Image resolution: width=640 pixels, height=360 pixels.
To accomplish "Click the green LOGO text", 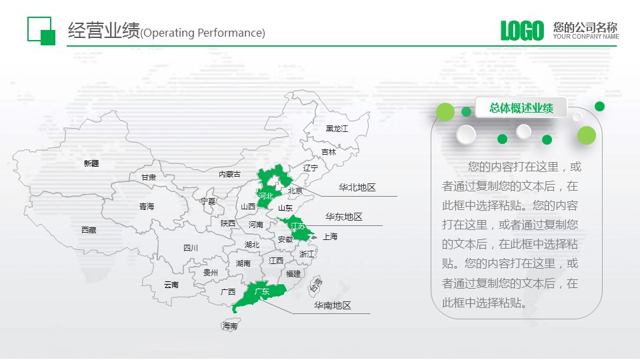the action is (x=522, y=31).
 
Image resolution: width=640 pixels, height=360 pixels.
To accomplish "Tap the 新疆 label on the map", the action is (x=91, y=163).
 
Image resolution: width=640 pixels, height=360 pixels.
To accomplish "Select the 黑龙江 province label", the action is (x=337, y=129).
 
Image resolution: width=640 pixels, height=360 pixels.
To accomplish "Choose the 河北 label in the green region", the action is (x=266, y=196).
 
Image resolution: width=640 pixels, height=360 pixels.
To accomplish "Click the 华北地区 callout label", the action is (x=357, y=187).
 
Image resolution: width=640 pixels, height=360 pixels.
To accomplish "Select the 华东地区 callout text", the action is (x=344, y=217).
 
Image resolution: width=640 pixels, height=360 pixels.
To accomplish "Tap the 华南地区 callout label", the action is (x=333, y=305).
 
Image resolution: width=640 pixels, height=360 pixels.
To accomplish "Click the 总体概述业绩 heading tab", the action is (x=521, y=108).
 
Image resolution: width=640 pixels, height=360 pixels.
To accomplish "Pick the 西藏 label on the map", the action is (x=89, y=230).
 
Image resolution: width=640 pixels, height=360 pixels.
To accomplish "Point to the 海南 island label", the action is (x=230, y=326).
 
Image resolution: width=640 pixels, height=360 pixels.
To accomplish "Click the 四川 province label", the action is (x=191, y=248).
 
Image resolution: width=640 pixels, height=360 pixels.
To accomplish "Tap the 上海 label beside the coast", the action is (x=330, y=236).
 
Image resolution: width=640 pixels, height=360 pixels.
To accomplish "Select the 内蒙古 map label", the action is (x=230, y=174).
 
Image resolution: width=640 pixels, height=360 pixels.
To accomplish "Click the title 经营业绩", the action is (x=104, y=30).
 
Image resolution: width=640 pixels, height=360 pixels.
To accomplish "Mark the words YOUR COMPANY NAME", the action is (x=586, y=36).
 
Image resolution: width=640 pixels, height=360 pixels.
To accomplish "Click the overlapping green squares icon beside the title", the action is (x=41, y=31).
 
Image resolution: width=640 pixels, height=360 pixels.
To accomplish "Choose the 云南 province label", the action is (x=171, y=285).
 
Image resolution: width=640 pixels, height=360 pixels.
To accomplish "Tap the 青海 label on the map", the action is (x=147, y=206).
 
